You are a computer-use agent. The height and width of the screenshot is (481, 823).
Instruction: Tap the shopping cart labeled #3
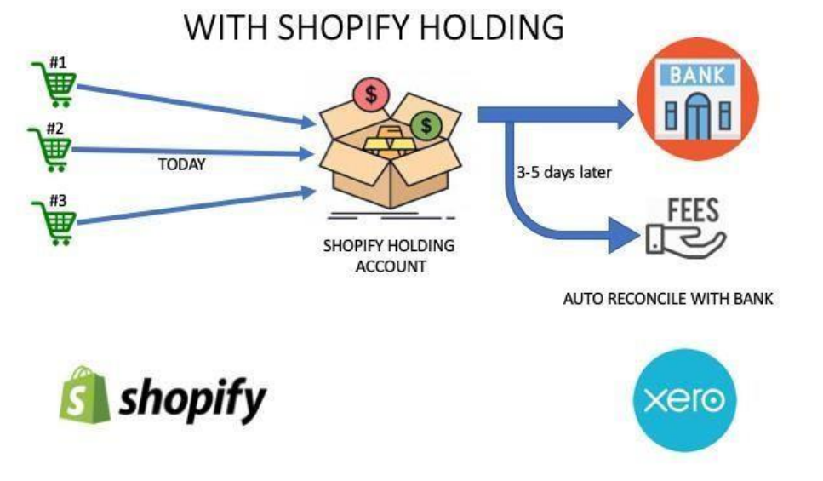(53, 221)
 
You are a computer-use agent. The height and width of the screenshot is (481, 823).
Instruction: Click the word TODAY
(181, 165)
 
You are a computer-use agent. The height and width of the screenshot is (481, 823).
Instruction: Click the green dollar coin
(425, 126)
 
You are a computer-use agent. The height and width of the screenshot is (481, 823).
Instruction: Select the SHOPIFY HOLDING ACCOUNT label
(389, 255)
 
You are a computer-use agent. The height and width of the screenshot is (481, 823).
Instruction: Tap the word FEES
(692, 210)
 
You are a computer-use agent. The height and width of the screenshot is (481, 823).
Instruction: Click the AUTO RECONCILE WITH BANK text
(668, 300)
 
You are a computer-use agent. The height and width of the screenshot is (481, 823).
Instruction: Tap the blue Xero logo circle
(684, 399)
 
